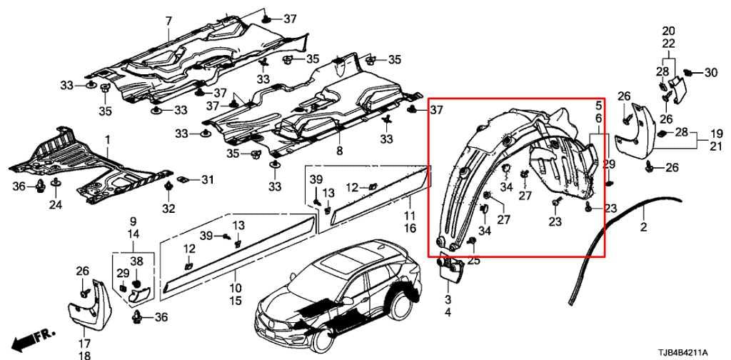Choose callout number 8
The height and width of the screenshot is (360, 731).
click(339, 151)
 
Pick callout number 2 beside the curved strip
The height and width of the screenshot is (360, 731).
click(643, 228)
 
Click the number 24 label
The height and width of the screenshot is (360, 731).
click(56, 206)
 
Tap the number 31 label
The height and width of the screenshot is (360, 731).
click(206, 179)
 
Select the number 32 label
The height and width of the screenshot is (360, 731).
click(168, 209)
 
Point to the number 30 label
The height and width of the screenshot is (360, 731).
click(711, 72)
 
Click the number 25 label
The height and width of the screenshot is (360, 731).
click(474, 261)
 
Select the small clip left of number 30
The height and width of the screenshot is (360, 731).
click(689, 72)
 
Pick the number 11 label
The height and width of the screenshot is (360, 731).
click(410, 215)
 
